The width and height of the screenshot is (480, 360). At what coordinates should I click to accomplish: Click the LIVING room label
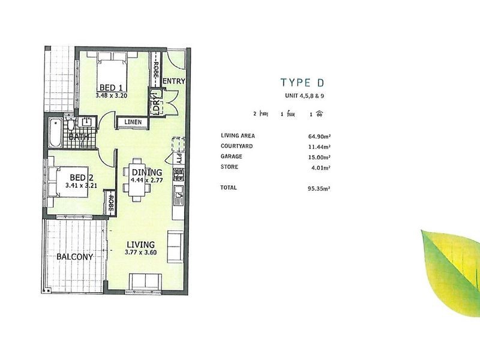pos(141,244)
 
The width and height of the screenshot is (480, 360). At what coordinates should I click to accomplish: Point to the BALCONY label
pos(75,257)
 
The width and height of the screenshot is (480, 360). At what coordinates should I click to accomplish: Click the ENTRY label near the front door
pos(173,82)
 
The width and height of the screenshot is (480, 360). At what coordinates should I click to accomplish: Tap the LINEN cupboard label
pos(133,122)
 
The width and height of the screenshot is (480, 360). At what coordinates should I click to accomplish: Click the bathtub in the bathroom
pos(55,133)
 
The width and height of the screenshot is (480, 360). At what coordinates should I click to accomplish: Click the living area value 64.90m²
pos(319,136)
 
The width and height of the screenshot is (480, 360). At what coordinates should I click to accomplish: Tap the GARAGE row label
pos(231,155)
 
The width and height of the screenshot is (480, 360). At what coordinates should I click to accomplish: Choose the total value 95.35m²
pos(319,188)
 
